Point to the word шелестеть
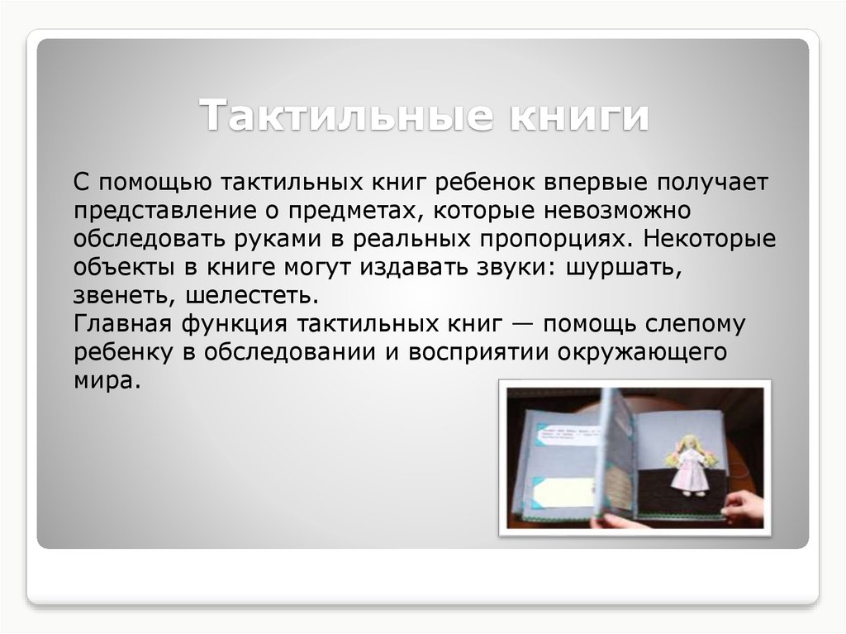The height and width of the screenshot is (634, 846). coord(253,296)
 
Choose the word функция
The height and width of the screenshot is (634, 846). coord(234,324)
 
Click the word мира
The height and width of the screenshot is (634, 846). coord(102,381)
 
